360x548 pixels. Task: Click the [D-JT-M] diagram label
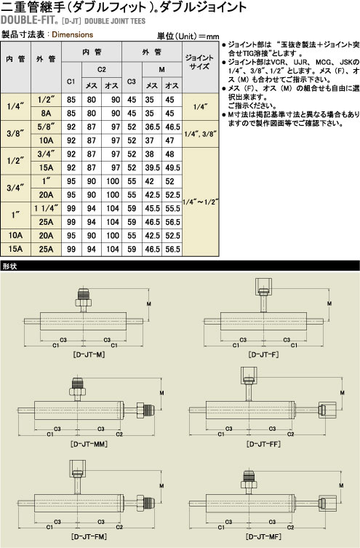pyautogui.click(x=89, y=354)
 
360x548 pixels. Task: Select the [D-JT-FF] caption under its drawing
pyautogui.click(x=263, y=444)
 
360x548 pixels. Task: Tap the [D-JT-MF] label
pyautogui.click(x=263, y=536)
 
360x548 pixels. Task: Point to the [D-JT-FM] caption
pyautogui.click(x=89, y=536)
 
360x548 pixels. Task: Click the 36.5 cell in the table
pyautogui.click(x=152, y=127)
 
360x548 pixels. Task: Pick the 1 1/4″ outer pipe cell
pyautogui.click(x=46, y=209)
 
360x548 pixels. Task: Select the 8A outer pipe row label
pyautogui.click(x=46, y=114)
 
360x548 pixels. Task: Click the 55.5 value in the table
pyautogui.click(x=172, y=209)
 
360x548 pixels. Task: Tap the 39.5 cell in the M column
pyautogui.click(x=152, y=168)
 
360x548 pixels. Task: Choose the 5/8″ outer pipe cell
pyautogui.click(x=46, y=127)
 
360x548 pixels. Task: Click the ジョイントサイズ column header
pyautogui.click(x=199, y=62)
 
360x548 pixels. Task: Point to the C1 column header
pyautogui.click(x=71, y=82)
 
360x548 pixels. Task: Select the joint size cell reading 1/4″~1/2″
pyautogui.click(x=201, y=202)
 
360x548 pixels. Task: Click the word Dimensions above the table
pyautogui.click(x=73, y=35)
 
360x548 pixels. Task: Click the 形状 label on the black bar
pyautogui.click(x=9, y=266)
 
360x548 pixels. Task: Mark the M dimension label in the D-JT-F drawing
pyautogui.click(x=329, y=303)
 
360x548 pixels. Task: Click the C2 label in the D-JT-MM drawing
pyautogui.click(x=119, y=434)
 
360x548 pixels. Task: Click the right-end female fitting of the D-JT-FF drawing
pyautogui.click(x=327, y=410)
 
